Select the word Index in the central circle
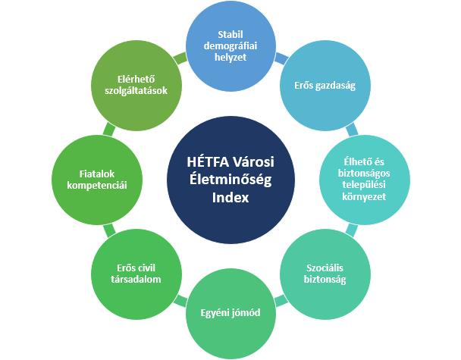tap(230, 198)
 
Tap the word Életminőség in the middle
tap(230, 180)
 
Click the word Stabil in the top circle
tap(230, 34)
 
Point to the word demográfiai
tap(230, 45)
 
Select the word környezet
tap(364, 196)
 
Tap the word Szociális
tap(325, 268)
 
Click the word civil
tap(147, 268)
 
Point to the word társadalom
tap(136, 279)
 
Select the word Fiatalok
tap(97, 174)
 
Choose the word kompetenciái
tap(97, 186)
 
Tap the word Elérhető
tap(136, 79)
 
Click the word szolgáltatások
tap(136, 90)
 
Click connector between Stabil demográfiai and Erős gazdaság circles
tap(281, 58)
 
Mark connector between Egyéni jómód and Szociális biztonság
tap(281, 300)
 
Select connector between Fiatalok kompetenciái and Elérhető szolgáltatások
tap(109, 130)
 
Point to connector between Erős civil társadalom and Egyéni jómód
tap(180, 301)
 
